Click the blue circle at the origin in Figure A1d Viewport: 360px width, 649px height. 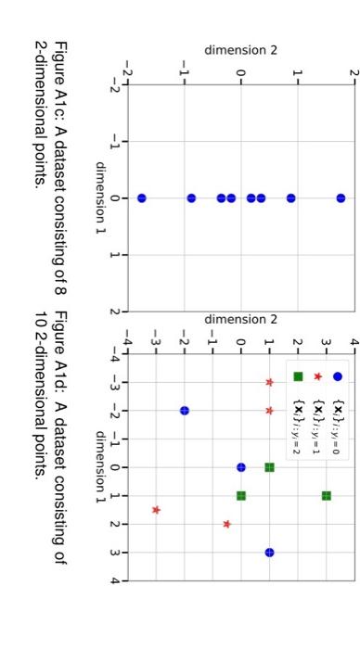tap(241, 441)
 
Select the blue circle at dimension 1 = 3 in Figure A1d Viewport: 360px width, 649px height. tap(269, 552)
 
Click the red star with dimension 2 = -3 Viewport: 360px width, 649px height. tap(156, 510)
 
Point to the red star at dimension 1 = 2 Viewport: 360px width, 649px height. tap(227, 524)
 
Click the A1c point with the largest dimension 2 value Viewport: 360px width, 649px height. tap(341, 198)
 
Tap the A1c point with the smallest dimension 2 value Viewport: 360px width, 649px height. tap(141, 198)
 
